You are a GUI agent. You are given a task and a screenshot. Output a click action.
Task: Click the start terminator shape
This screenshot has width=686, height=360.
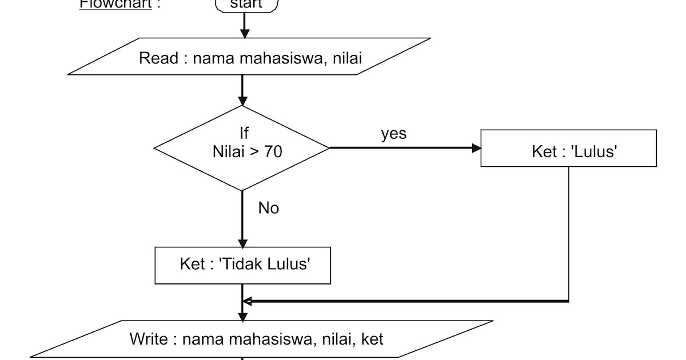pyautogui.click(x=247, y=5)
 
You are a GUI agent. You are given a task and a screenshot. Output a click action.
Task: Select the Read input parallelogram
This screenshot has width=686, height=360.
pyautogui.click(x=249, y=57)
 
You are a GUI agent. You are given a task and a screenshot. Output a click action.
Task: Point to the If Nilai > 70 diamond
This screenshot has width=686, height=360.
pyautogui.click(x=242, y=147)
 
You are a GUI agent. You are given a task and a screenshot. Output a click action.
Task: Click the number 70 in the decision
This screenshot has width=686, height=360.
pyautogui.click(x=273, y=152)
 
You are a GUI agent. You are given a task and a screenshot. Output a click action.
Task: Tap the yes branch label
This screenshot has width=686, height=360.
pyautogui.click(x=394, y=134)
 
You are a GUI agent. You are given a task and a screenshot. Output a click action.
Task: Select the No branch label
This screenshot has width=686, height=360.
pyautogui.click(x=269, y=208)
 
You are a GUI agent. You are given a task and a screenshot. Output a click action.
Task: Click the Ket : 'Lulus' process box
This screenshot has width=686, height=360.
pyautogui.click(x=568, y=149)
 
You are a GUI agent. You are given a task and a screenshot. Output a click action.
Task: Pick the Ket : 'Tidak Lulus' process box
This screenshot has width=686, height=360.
pyautogui.click(x=242, y=265)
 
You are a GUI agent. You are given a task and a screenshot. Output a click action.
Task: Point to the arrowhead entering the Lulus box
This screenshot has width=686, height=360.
pyautogui.click(x=476, y=148)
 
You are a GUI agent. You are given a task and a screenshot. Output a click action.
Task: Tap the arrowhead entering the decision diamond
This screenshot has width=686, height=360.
pyautogui.click(x=242, y=101)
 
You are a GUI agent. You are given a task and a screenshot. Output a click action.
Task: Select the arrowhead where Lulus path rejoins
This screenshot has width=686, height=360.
pyautogui.click(x=247, y=301)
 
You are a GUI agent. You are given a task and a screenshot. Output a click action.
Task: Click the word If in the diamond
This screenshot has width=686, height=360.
pyautogui.click(x=244, y=134)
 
